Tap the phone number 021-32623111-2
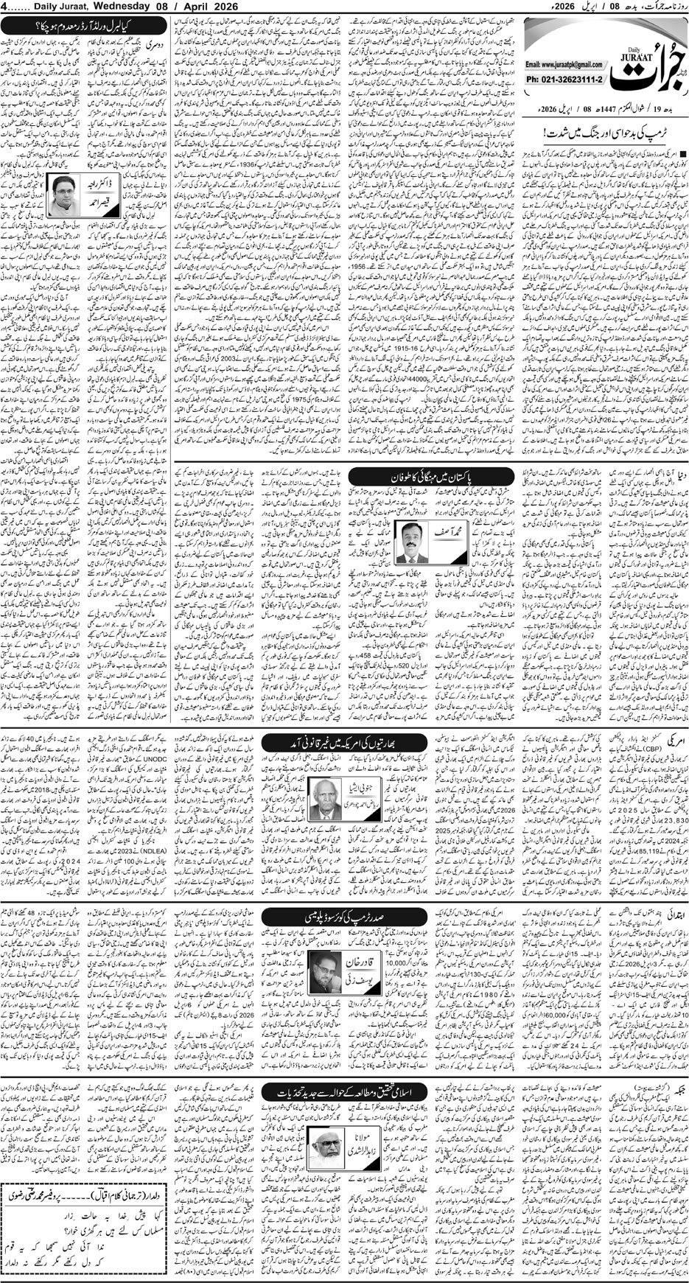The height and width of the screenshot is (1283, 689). point(565,77)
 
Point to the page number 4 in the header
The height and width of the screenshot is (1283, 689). point(6,7)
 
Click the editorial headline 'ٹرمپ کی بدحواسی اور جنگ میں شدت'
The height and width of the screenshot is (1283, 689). point(602,134)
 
